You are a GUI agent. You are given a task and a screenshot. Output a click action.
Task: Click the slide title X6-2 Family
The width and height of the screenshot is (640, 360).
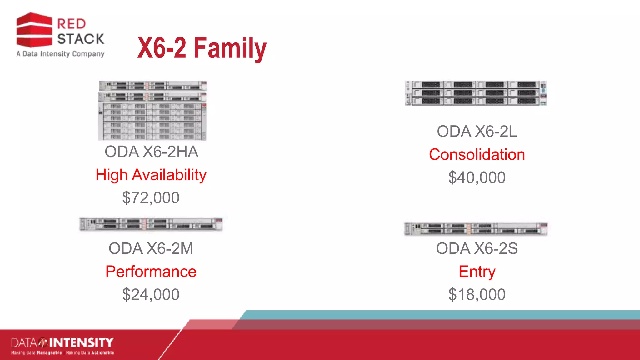pos(202,48)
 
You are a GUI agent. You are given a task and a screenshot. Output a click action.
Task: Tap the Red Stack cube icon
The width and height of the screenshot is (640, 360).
pos(34,30)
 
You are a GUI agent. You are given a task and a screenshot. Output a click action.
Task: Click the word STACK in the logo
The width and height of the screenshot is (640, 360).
pos(81,39)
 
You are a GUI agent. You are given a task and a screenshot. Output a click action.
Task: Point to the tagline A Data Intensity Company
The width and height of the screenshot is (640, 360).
pos(60,54)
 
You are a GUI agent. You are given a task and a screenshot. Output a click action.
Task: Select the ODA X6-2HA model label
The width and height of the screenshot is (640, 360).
pos(151,152)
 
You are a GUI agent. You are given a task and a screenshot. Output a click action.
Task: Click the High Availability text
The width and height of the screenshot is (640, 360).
pos(151,175)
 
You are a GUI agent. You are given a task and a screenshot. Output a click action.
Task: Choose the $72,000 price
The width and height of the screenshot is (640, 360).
pos(151,198)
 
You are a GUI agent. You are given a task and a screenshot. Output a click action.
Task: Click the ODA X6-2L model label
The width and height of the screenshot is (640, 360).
pos(477,131)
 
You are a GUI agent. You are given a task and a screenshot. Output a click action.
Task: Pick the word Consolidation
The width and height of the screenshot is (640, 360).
pos(477,154)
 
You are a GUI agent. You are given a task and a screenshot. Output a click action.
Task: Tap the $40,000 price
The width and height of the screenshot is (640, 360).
pos(477,177)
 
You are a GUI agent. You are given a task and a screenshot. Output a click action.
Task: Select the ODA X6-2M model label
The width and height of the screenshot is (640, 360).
pos(151,248)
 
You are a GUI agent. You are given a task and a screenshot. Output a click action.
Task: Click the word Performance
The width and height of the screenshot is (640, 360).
pos(151,271)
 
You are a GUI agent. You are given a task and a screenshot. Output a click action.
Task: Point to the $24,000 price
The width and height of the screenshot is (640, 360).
pos(151,294)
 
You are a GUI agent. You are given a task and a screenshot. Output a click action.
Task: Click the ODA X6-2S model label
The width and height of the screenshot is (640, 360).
pos(477,248)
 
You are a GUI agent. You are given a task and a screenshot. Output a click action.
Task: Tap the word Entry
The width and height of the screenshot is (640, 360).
pos(477,271)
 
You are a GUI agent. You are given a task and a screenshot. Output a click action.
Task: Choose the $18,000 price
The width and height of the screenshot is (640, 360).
pos(477,294)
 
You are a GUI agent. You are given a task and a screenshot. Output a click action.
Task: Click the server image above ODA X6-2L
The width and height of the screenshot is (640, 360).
pos(476,93)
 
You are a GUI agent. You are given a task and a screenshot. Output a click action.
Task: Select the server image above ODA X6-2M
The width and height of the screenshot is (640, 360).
pos(151,224)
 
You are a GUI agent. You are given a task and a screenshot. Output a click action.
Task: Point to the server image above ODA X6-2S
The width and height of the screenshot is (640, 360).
pos(476,229)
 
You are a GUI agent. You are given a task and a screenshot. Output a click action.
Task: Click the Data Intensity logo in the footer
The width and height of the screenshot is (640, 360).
pos(62,346)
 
